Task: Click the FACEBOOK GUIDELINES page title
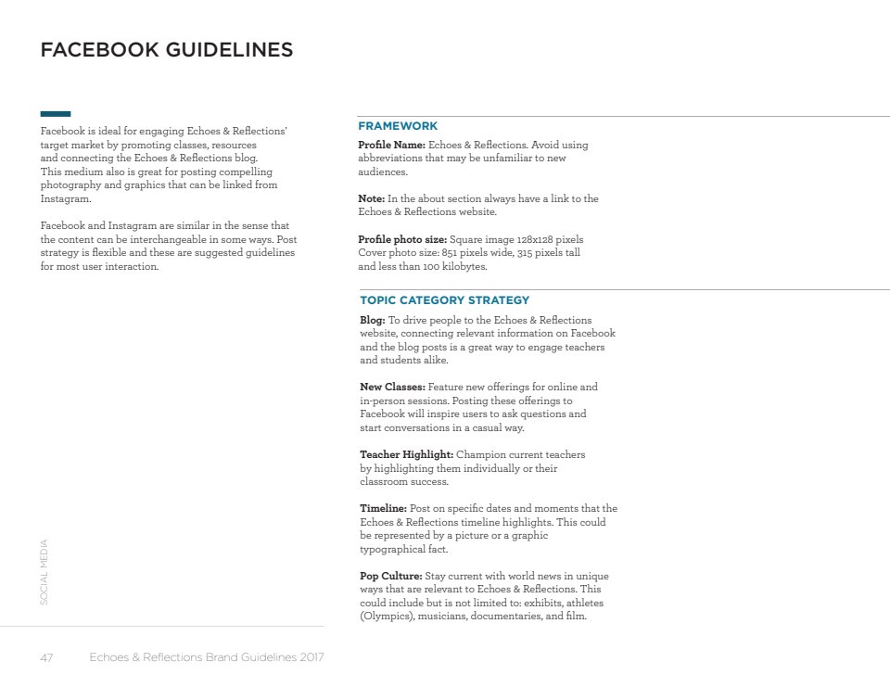167,50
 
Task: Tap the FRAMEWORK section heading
398,126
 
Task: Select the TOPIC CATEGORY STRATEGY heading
445,300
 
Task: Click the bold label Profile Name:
391,146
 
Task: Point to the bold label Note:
371,199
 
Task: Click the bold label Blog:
373,320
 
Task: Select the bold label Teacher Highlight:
407,455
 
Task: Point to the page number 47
46,658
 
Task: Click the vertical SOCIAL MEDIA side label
44,573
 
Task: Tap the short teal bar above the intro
56,114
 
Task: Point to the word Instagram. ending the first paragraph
66,199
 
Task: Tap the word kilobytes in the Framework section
464,267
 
